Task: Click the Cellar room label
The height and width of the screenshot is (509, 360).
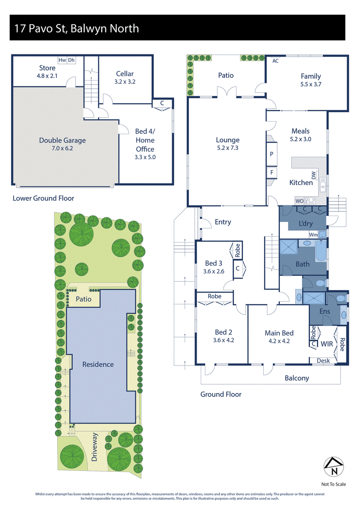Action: click(125, 74)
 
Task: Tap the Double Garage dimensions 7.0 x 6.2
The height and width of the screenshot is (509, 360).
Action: click(63, 149)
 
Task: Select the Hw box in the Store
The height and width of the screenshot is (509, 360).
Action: click(63, 60)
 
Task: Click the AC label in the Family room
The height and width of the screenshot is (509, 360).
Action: click(275, 61)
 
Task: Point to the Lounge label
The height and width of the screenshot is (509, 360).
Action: click(228, 140)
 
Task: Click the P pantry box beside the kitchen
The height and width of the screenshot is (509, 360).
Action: click(272, 154)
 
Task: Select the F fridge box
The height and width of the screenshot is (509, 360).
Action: click(272, 172)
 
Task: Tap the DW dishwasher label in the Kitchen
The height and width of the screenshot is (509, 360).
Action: click(313, 176)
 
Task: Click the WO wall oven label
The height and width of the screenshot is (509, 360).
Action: click(300, 201)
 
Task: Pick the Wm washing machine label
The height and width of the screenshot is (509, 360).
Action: click(313, 235)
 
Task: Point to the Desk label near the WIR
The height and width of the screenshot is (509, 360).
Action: click(323, 360)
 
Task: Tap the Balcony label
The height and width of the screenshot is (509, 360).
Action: click(297, 378)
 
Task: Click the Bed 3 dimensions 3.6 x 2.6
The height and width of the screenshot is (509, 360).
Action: click(214, 271)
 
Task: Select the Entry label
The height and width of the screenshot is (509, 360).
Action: click(223, 222)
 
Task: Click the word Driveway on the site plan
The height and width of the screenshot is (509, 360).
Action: click(94, 447)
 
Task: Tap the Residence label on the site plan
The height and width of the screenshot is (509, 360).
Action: click(98, 365)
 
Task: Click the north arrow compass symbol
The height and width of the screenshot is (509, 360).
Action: click(334, 467)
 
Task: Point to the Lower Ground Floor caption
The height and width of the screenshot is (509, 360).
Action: click(44, 198)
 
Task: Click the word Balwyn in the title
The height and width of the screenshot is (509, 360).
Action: click(85, 28)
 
